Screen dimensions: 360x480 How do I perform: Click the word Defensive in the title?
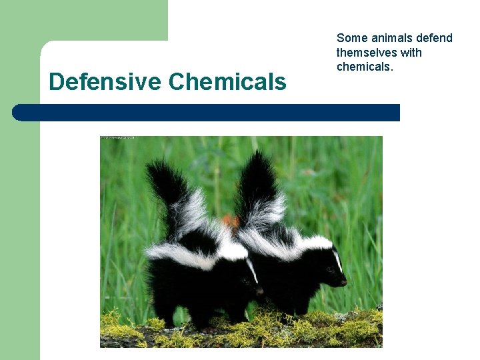(105, 82)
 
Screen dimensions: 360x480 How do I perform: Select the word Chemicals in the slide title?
(227, 82)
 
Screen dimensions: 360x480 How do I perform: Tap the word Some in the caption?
(351, 38)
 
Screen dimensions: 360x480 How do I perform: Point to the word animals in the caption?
(393, 38)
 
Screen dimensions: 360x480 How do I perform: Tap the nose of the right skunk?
(344, 282)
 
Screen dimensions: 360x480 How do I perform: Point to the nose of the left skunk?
(260, 291)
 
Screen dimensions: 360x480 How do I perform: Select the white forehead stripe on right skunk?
(337, 260)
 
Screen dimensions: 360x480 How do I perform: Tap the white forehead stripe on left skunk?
(252, 270)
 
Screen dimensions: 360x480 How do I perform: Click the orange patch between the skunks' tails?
(230, 220)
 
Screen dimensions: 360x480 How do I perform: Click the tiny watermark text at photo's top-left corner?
(117, 138)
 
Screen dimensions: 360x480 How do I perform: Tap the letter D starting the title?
(56, 82)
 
